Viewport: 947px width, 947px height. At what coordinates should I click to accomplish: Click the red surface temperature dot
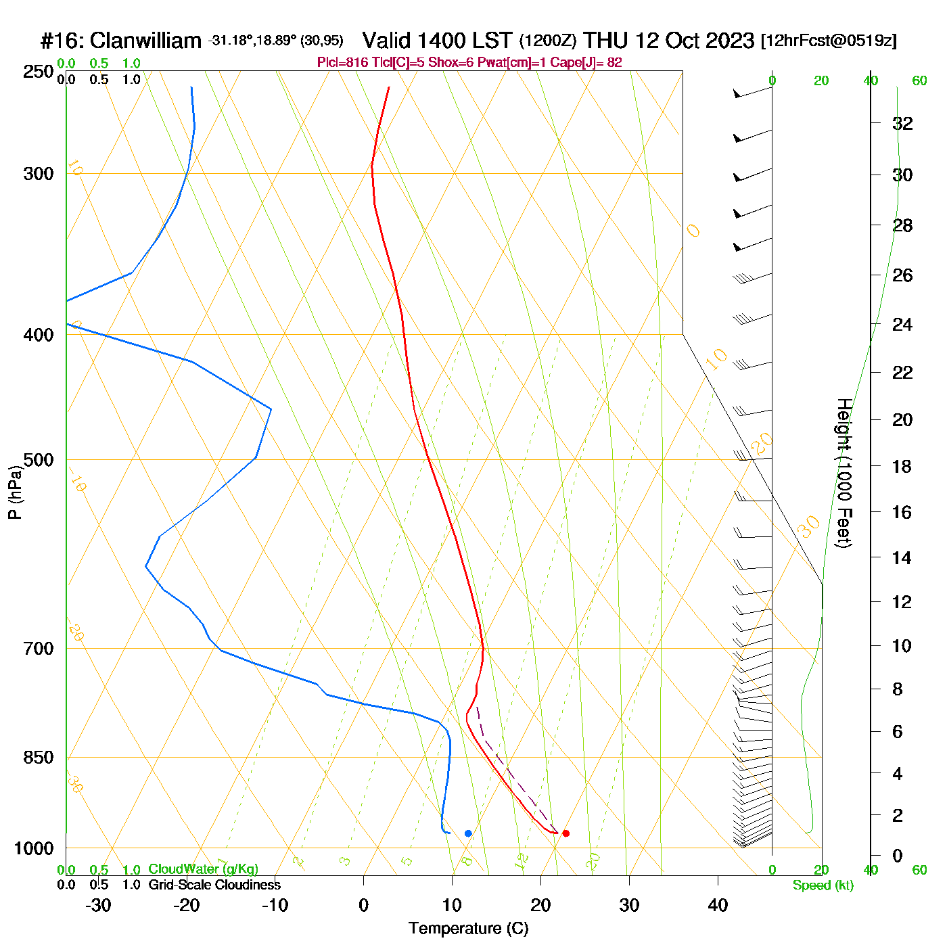(565, 833)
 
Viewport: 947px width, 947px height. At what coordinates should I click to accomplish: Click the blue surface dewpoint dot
(468, 833)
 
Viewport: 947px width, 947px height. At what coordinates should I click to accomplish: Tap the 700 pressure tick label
(39, 649)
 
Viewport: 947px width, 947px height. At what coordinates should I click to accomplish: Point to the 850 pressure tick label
(39, 758)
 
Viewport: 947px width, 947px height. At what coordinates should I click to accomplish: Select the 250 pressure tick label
(39, 72)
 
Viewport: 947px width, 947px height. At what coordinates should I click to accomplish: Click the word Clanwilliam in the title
(145, 41)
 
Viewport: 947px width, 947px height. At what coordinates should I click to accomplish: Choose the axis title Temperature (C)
(468, 929)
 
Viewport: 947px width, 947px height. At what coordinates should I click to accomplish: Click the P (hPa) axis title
(15, 492)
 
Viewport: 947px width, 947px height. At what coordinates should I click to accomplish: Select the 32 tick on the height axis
(902, 124)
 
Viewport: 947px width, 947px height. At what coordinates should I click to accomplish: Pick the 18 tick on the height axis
(902, 466)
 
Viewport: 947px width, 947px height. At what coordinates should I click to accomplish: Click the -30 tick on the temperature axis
(99, 905)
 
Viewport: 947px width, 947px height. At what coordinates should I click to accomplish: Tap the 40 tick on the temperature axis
(718, 905)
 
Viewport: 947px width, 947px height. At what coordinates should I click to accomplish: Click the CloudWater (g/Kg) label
(203, 869)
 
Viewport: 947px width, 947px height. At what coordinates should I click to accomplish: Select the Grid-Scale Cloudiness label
(214, 885)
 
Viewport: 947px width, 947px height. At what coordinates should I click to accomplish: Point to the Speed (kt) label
(823, 885)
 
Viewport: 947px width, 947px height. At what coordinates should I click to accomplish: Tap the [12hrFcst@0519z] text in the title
(829, 41)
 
